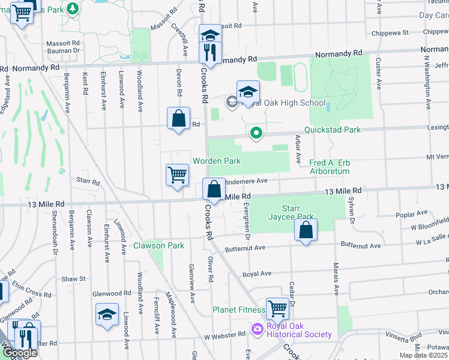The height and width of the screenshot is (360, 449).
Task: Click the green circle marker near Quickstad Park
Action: click(256, 133)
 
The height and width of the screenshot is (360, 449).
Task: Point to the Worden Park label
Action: click(216, 161)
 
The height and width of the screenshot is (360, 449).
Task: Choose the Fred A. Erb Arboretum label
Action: click(338, 167)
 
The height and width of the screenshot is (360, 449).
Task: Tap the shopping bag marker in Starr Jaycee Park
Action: click(306, 230)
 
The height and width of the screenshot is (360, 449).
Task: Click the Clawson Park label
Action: click(158, 245)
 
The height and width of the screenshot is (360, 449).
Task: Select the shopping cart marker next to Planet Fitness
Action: click(277, 309)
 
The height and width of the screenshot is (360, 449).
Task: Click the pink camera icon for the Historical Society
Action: click(258, 329)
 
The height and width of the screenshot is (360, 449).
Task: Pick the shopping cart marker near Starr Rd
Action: click(177, 176)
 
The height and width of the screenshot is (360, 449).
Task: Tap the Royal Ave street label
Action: click(258, 273)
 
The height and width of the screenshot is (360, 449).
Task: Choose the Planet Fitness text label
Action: click(238, 310)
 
